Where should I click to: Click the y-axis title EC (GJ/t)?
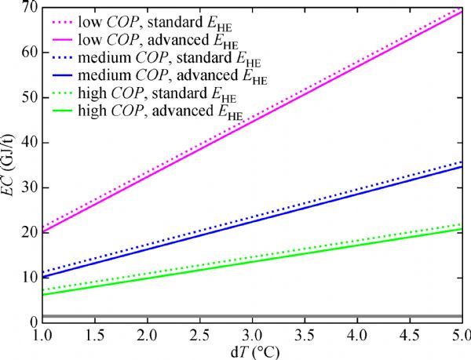click(9, 163)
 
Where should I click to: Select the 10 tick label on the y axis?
click(25, 277)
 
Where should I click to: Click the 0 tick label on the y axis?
click(28, 322)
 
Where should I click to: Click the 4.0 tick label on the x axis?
click(357, 336)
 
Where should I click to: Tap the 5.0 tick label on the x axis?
click(459, 336)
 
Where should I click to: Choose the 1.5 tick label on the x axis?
click(93, 336)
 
